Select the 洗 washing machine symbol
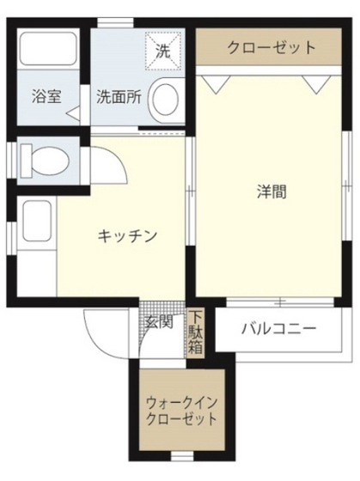(162, 50)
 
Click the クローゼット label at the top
(271, 48)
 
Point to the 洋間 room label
(272, 191)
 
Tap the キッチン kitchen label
(125, 235)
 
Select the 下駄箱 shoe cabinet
(197, 332)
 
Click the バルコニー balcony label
(278, 328)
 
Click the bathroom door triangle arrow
(74, 113)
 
